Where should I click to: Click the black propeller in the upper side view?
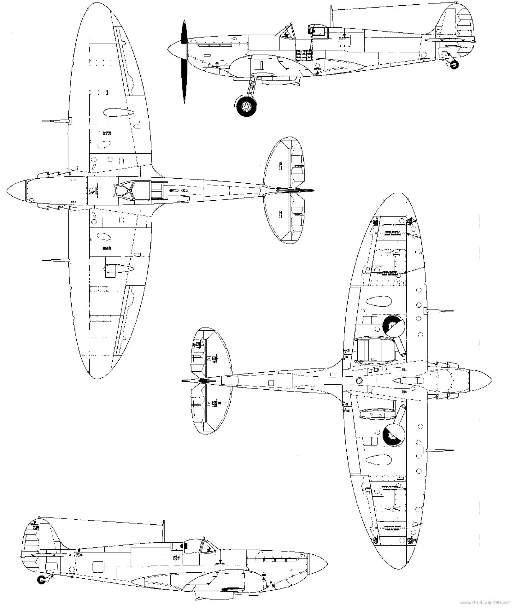184,61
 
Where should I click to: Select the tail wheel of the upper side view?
455,65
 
